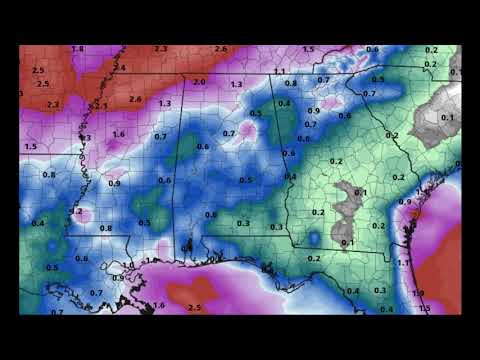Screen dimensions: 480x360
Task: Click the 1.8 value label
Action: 78,49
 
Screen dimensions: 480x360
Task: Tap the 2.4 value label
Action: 121,67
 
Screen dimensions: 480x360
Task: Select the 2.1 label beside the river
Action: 100,104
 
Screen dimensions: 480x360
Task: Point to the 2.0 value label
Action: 199,82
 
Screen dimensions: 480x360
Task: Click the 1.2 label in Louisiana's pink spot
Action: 77,211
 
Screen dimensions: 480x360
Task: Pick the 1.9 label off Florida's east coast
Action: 418,293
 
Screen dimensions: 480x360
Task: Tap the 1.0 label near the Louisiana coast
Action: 128,266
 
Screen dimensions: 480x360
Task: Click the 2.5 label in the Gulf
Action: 195,307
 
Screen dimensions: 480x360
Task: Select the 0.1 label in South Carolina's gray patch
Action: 446,117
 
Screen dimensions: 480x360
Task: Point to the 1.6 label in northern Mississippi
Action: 118,133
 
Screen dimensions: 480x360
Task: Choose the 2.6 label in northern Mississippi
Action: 135,99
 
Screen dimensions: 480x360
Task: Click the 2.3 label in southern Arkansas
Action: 52,104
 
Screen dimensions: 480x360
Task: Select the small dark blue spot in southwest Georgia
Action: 314,238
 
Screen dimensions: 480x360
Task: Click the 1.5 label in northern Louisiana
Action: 30,146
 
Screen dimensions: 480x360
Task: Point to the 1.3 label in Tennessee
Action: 237,84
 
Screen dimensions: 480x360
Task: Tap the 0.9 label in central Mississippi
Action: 114,183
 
